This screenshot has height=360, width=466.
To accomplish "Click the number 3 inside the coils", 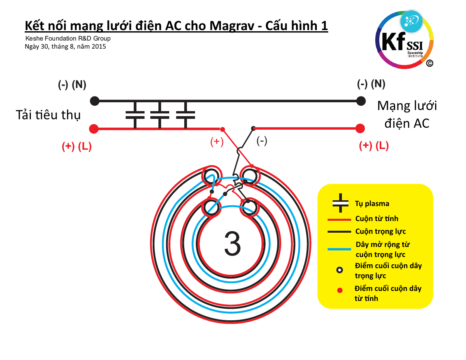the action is point(232,244).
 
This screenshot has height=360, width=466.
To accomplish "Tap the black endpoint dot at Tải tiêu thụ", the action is point(94,101).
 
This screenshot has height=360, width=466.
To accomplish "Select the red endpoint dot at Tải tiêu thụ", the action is point(94,128).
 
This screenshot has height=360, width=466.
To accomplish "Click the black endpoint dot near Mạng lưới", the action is point(361,101).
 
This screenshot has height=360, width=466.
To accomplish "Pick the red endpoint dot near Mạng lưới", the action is point(360,128).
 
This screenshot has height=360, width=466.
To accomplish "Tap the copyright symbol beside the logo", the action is point(429,64).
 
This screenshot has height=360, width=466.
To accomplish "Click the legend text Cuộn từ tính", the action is point(377,219).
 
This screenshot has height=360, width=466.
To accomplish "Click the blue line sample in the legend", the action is point(339,249).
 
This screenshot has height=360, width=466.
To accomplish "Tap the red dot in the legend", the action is point(340,290).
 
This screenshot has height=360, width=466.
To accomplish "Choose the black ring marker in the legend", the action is point(339,270).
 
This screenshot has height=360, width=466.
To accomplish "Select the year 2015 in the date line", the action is point(99,46).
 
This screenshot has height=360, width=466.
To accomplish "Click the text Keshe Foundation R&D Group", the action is point(68,38).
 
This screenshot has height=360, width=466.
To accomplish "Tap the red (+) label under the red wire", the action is point(217,142).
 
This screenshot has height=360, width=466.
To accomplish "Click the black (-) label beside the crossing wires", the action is point(262,141).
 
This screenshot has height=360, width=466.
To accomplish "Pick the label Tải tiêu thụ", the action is point(48,115).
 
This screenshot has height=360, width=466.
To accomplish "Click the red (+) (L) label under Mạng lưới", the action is point(373,146).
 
